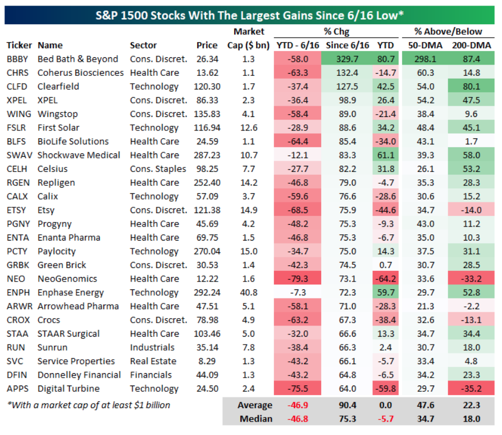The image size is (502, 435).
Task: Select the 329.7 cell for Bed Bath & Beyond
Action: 346,59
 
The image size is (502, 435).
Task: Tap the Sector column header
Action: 143,45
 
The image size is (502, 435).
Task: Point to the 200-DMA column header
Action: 471,45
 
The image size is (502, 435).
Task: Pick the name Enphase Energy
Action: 70,292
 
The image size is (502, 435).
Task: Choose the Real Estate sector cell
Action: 153,361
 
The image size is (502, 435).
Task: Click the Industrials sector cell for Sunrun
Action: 152,347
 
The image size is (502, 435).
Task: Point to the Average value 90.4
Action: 346,405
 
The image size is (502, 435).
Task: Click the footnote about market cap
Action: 88,405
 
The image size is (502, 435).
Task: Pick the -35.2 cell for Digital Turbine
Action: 471,389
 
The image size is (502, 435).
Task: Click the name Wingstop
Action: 58,114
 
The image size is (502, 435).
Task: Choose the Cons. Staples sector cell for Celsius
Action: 158,169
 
